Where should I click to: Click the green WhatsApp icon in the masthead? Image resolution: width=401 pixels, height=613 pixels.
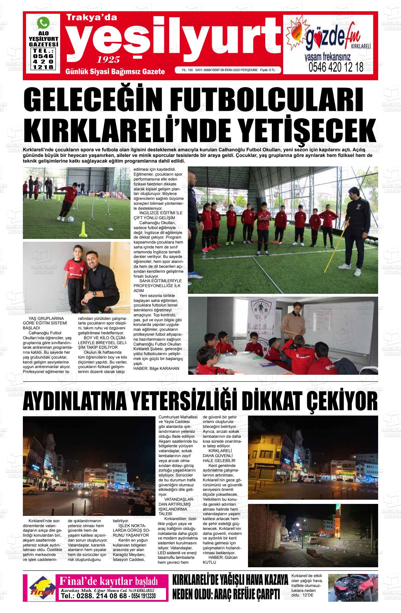tap(43, 23)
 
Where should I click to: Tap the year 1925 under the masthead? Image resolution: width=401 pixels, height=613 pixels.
tap(108, 59)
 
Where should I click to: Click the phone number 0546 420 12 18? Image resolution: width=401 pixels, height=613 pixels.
tap(336, 68)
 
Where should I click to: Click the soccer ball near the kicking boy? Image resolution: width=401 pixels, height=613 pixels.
tap(70, 219)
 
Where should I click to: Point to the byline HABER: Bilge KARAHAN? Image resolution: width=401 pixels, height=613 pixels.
tap(156, 368)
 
